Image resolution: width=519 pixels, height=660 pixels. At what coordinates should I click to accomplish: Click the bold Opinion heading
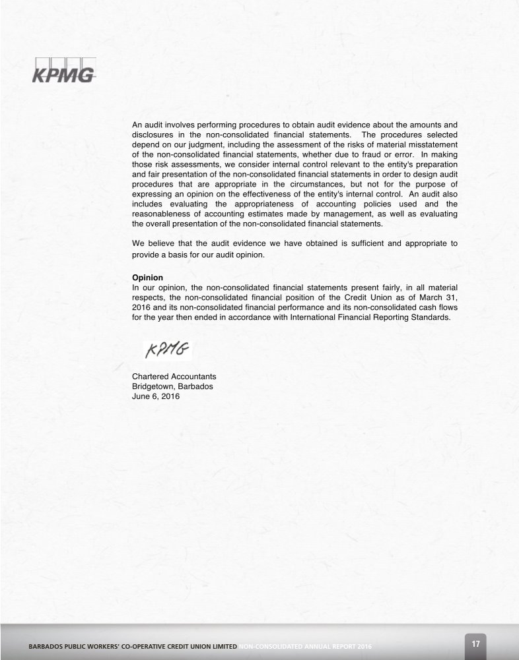click(x=148, y=278)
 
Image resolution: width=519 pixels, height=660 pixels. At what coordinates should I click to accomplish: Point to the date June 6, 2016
click(x=156, y=398)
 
